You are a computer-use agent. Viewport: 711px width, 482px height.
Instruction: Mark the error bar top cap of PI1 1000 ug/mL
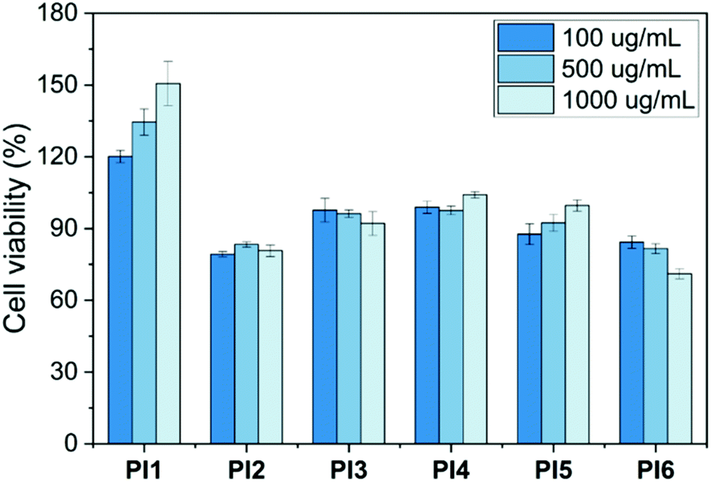(x=168, y=61)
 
